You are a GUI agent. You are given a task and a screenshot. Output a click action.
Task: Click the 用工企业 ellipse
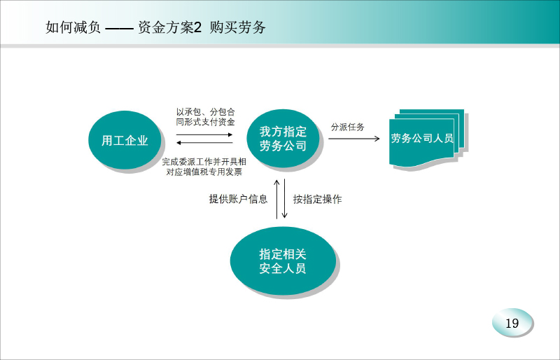pos(125,140)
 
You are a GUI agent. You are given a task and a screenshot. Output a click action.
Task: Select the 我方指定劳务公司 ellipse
pos(283,139)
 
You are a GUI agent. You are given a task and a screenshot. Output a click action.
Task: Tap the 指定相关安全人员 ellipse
pos(283,261)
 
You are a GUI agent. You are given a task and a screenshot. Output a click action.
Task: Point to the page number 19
pos(512,323)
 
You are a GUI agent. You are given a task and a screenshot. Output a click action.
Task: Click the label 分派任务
pos(347,127)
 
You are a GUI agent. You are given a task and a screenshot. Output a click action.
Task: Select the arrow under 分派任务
pos(354,139)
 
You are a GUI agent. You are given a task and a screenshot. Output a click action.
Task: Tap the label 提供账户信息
pos(238,199)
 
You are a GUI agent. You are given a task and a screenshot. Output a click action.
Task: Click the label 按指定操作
pos(317,199)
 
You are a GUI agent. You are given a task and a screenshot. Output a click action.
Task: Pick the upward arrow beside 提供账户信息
pos(276,199)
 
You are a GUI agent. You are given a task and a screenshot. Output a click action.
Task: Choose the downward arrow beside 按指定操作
pos(285,198)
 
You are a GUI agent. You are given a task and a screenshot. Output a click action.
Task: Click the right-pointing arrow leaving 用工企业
pos(204,134)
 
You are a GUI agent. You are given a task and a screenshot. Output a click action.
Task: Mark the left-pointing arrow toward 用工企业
pos(204,143)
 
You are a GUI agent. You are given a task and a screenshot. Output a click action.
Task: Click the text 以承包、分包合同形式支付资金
pos(205,117)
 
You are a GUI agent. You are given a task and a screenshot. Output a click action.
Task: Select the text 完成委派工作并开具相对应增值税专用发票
pos(204,167)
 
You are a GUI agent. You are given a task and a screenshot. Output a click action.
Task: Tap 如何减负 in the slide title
pos(73,27)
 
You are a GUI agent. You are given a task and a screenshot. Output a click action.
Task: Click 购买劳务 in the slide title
pos(237,27)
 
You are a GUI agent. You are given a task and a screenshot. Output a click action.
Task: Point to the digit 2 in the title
pos(198,27)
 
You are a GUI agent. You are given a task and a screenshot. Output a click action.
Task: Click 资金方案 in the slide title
pos(166,27)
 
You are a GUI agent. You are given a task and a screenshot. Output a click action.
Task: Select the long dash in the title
pos(119,29)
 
